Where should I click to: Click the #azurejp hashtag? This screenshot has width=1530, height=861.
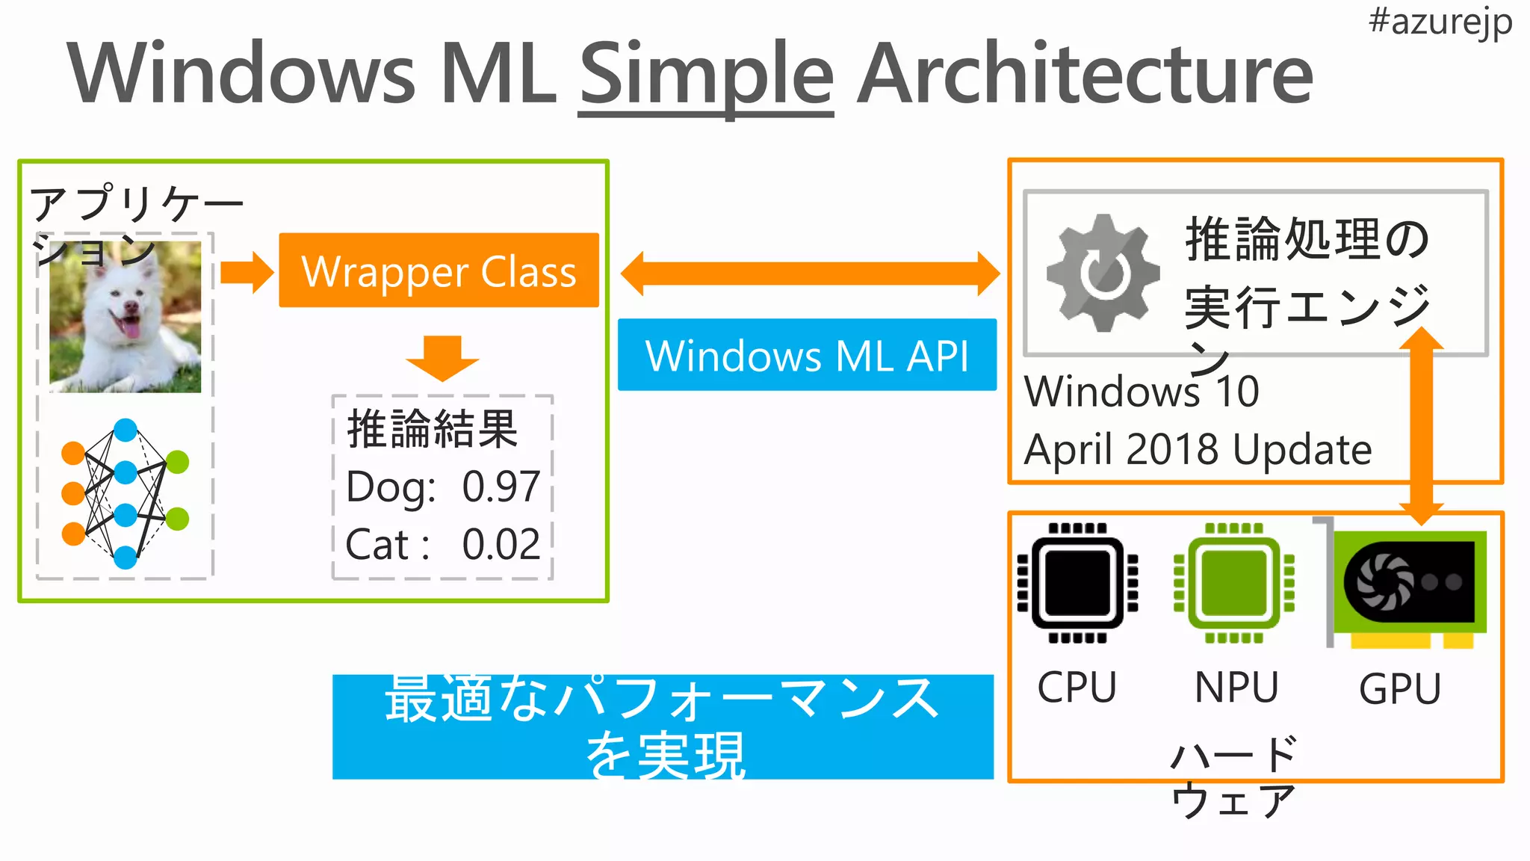(x=1440, y=22)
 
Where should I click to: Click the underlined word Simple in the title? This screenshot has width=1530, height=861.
(x=706, y=75)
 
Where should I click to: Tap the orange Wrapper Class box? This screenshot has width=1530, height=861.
(x=439, y=271)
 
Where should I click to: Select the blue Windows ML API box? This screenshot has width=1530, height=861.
(x=807, y=355)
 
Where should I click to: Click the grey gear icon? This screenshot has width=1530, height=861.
(x=1103, y=273)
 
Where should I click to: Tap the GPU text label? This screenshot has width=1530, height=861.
(x=1399, y=688)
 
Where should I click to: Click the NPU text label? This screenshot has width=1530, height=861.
(x=1236, y=688)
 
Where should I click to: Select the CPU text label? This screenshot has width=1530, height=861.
(x=1077, y=688)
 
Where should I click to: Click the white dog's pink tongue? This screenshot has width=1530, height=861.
(x=130, y=327)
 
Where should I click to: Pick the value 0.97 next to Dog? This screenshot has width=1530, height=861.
(x=501, y=487)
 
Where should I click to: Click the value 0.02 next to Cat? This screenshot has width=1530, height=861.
(x=501, y=544)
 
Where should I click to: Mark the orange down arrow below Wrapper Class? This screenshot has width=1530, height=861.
(x=442, y=358)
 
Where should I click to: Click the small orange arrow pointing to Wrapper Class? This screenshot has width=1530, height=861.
(x=247, y=273)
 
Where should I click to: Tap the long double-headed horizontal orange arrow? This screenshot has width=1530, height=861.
(x=810, y=274)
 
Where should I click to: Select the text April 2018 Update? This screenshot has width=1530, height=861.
(x=1198, y=450)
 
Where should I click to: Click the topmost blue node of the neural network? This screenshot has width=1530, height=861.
(x=126, y=430)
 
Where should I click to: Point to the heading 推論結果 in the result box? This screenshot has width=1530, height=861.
(x=433, y=429)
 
